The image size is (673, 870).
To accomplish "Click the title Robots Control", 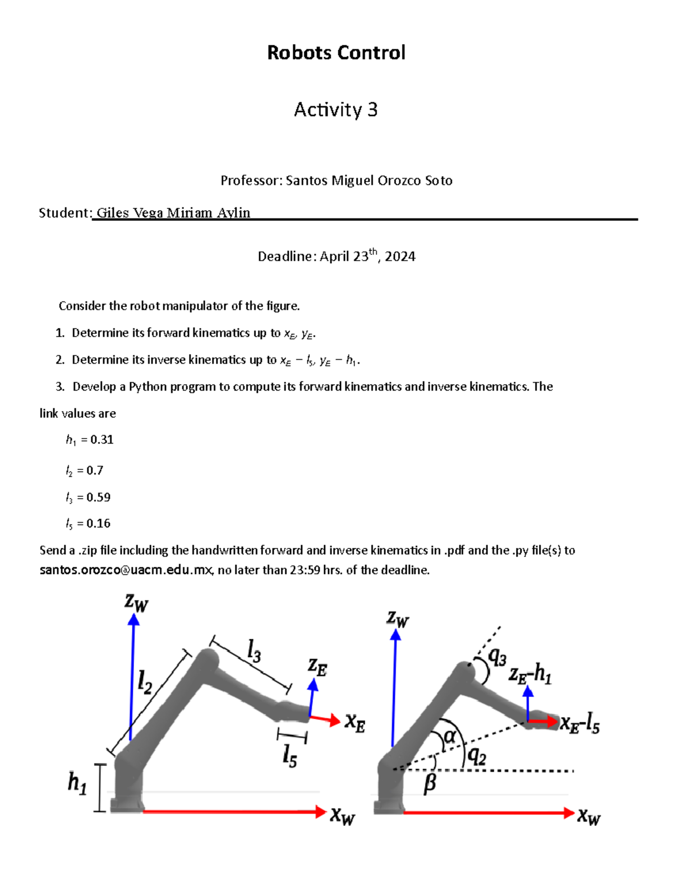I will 336,53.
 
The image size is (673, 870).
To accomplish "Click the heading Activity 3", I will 335,110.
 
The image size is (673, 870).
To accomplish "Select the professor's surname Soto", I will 439,180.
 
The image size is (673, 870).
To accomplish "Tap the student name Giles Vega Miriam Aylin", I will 173,213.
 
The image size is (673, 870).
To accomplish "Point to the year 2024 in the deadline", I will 400,257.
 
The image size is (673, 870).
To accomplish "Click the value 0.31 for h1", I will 102,440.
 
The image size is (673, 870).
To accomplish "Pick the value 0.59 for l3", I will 98,497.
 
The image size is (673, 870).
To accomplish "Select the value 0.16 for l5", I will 98,524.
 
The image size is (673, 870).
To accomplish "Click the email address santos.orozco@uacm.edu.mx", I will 126,570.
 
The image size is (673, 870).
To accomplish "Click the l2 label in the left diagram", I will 145,682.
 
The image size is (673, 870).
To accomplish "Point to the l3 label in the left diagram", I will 254,652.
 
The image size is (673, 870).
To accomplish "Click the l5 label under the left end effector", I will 289,756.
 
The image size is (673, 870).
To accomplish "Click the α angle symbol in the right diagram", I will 450,736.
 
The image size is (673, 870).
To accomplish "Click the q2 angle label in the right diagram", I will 477,757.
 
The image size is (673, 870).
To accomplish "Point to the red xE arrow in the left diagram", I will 325,719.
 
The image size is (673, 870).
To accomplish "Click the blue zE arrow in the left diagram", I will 311,697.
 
